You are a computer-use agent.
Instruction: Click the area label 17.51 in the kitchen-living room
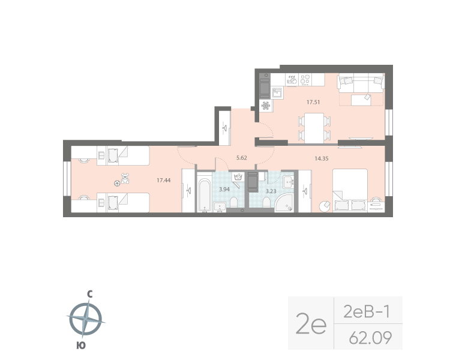coord(313,102)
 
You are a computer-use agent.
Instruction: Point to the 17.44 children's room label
coord(163,179)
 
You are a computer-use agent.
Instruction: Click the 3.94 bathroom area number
coord(224,190)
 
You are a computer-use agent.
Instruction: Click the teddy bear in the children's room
coord(125,178)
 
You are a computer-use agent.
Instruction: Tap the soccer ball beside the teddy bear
coord(117,184)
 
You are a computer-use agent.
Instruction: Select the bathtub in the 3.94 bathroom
coord(204,193)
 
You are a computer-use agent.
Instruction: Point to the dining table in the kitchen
coord(313,127)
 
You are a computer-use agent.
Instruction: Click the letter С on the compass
coord(89,294)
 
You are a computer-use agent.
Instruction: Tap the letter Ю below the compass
coord(80,344)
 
